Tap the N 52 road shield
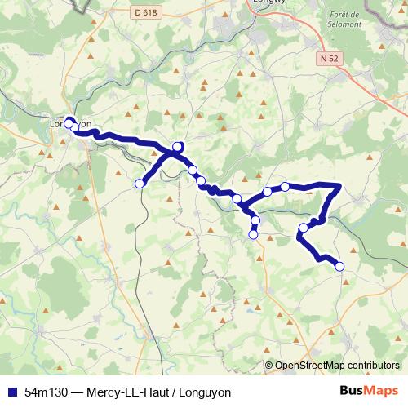point(329,58)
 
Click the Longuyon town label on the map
point(70,125)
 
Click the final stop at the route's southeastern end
point(339,266)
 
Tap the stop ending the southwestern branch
point(139,184)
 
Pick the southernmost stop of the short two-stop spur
point(253,235)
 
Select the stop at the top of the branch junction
point(177,147)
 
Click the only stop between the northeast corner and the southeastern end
point(304,228)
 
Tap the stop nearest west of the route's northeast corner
point(285,187)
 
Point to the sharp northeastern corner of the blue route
point(339,187)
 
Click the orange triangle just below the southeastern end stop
point(347,279)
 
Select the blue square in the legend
point(11,392)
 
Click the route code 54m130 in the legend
point(45,392)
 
